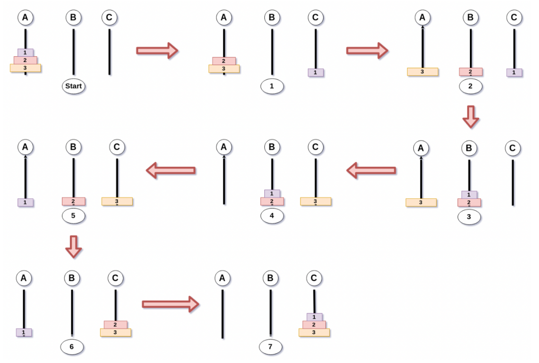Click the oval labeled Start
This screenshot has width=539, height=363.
73,87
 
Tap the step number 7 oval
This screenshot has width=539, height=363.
270,346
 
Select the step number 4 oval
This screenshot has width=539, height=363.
272,216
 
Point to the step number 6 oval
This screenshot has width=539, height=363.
73,346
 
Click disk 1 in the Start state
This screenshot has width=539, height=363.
25,52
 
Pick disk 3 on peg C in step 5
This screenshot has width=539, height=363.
117,201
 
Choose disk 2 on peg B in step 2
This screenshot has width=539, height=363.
470,72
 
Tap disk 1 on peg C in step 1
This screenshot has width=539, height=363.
316,72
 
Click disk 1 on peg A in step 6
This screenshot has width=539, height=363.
24,332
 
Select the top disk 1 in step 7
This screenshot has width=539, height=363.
314,317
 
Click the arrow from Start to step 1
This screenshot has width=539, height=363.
157,50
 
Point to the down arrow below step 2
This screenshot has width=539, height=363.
470,117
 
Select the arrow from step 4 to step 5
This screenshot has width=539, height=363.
171,170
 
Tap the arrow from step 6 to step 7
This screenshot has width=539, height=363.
171,304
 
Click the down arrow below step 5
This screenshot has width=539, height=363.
73,246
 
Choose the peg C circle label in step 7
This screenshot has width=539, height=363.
314,278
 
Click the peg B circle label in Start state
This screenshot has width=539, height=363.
73,18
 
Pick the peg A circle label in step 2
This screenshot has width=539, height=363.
422,18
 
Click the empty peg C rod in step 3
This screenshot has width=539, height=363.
513,183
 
